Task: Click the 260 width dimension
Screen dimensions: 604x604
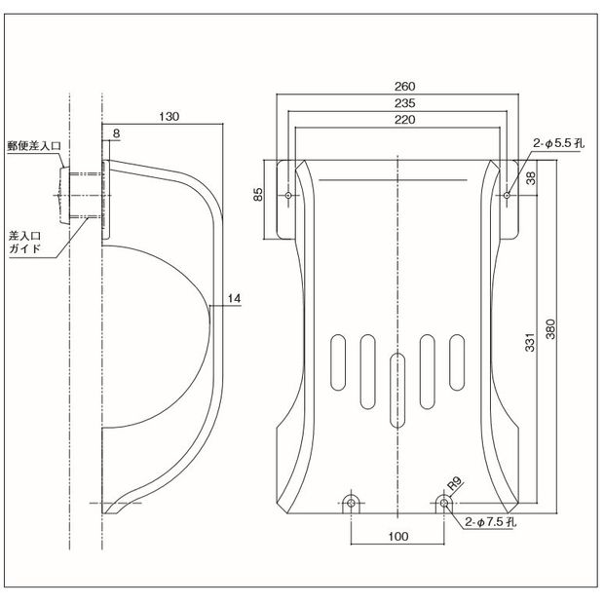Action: click(x=398, y=85)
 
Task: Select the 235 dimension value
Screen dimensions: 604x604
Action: click(x=398, y=102)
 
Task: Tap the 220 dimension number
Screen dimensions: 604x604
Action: click(x=398, y=120)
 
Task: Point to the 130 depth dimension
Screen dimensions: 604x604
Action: click(x=169, y=116)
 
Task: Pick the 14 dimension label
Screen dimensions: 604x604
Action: click(x=233, y=297)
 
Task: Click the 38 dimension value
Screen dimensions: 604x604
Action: click(x=531, y=178)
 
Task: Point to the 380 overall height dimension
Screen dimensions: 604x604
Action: click(x=552, y=331)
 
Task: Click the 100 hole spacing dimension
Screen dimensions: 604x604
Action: click(x=398, y=536)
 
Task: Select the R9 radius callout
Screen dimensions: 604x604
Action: click(x=453, y=484)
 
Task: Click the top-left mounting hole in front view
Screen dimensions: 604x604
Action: click(x=290, y=195)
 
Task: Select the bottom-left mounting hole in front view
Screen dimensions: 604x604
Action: click(x=352, y=504)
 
